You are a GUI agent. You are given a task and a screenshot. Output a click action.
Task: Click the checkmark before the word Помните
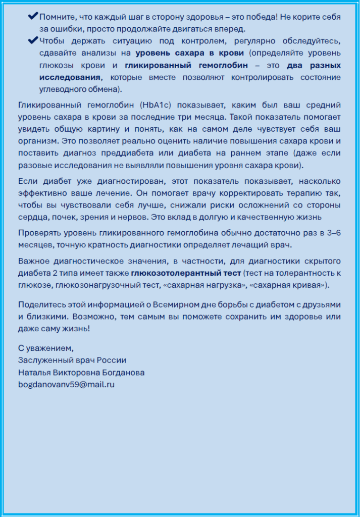(x=33, y=16)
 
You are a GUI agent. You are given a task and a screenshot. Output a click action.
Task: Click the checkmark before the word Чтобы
(x=33, y=40)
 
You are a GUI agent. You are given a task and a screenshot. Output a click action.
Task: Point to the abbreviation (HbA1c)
(x=156, y=105)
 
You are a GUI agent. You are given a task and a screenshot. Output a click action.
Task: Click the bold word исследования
(x=70, y=77)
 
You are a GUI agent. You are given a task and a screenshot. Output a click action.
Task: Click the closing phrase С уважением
(x=46, y=348)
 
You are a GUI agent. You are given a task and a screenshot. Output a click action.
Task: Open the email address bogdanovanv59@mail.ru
(x=66, y=384)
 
